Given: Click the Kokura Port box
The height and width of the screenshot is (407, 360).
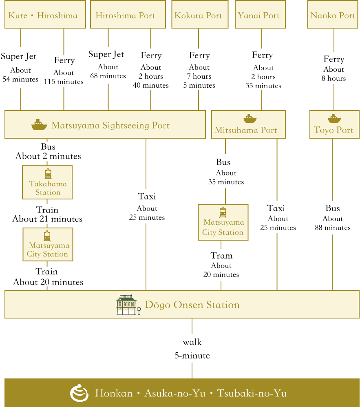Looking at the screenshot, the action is pyautogui.click(x=200, y=14).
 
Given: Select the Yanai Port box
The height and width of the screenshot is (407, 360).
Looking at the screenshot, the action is pyautogui.click(x=260, y=14).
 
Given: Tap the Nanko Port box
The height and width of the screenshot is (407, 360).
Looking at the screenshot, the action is pyautogui.click(x=333, y=14).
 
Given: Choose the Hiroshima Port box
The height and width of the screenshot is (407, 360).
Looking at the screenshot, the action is pyautogui.click(x=128, y=14).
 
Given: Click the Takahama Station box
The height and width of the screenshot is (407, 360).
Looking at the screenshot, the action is pyautogui.click(x=47, y=182).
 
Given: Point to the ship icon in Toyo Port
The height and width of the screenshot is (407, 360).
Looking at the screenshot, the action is pyautogui.click(x=334, y=118).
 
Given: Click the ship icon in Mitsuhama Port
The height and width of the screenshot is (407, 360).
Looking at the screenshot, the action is pyautogui.click(x=250, y=118).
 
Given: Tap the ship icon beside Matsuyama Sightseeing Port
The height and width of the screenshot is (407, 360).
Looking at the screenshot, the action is pyautogui.click(x=39, y=125).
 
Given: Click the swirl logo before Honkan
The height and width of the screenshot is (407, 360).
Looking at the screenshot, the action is pyautogui.click(x=79, y=393).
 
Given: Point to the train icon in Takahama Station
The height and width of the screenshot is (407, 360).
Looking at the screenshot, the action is pyautogui.click(x=48, y=174).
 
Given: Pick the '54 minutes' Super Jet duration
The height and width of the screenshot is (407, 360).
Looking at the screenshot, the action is pyautogui.click(x=20, y=79).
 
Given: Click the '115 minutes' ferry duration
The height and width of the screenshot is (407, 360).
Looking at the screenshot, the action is pyautogui.click(x=64, y=82).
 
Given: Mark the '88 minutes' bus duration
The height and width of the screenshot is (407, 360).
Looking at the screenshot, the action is pyautogui.click(x=333, y=228).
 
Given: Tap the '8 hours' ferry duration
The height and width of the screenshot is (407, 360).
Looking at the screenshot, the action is pyautogui.click(x=334, y=78).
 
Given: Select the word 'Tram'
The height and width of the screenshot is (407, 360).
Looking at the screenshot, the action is pyautogui.click(x=221, y=256).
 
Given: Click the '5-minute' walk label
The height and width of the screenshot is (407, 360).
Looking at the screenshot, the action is pyautogui.click(x=192, y=355).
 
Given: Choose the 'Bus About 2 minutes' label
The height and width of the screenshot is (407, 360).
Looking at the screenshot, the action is pyautogui.click(x=48, y=151).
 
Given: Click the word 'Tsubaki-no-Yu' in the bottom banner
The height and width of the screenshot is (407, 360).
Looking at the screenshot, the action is pyautogui.click(x=252, y=393).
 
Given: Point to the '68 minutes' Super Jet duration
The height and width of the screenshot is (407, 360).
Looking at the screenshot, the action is pyautogui.click(x=108, y=76).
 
